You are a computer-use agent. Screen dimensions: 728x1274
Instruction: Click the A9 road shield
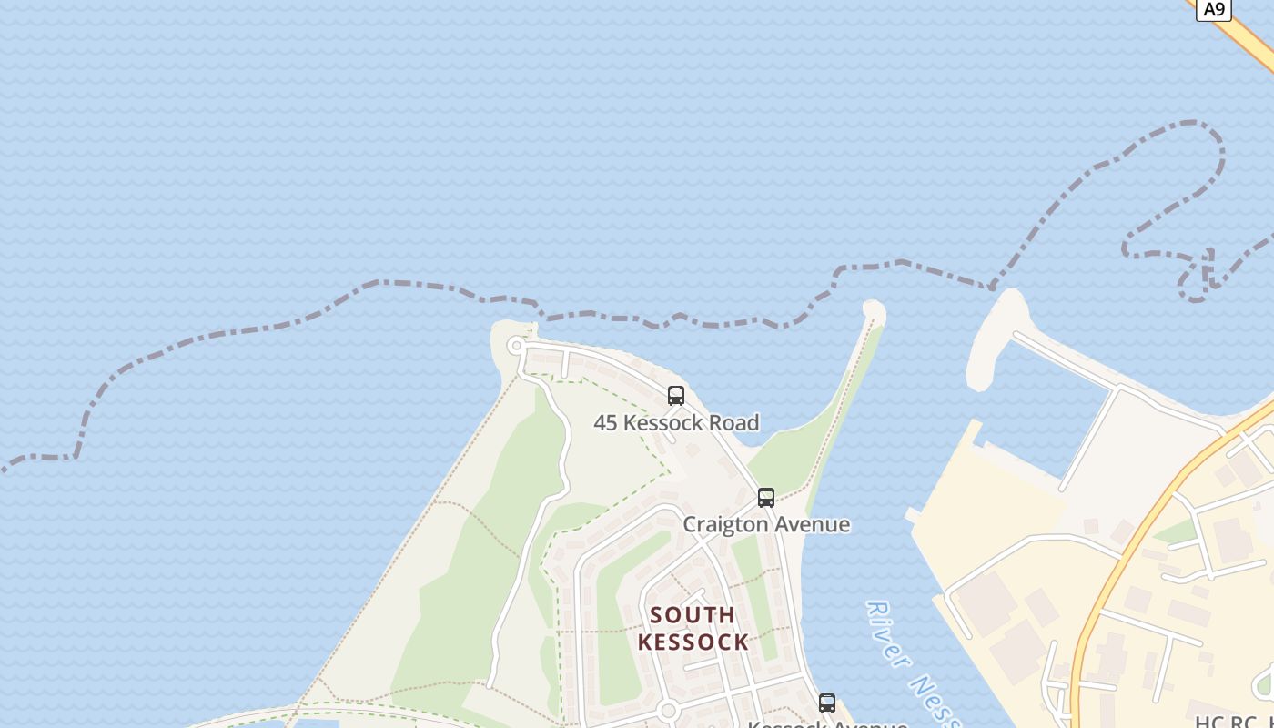[x=1214, y=9]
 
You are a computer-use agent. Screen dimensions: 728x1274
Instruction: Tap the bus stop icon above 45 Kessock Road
[x=676, y=395]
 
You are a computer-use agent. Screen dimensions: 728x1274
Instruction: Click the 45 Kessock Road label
[x=676, y=422]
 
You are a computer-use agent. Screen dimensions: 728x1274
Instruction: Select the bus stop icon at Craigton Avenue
[x=766, y=497]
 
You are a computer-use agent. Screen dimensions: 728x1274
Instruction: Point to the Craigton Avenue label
[x=766, y=524]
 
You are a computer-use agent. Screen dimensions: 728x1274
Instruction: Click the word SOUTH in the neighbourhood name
[x=693, y=615]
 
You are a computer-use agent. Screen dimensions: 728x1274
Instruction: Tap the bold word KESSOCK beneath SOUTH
[x=693, y=642]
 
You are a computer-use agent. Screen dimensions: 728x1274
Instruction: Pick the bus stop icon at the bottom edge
[x=826, y=703]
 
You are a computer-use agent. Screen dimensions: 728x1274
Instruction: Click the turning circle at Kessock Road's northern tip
[x=517, y=345]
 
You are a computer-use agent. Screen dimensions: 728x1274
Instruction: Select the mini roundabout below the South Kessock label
[x=669, y=710]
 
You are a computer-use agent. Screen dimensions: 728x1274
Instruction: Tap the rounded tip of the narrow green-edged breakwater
[x=874, y=310]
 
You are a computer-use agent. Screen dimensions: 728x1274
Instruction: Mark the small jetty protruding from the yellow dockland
[x=913, y=515]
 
